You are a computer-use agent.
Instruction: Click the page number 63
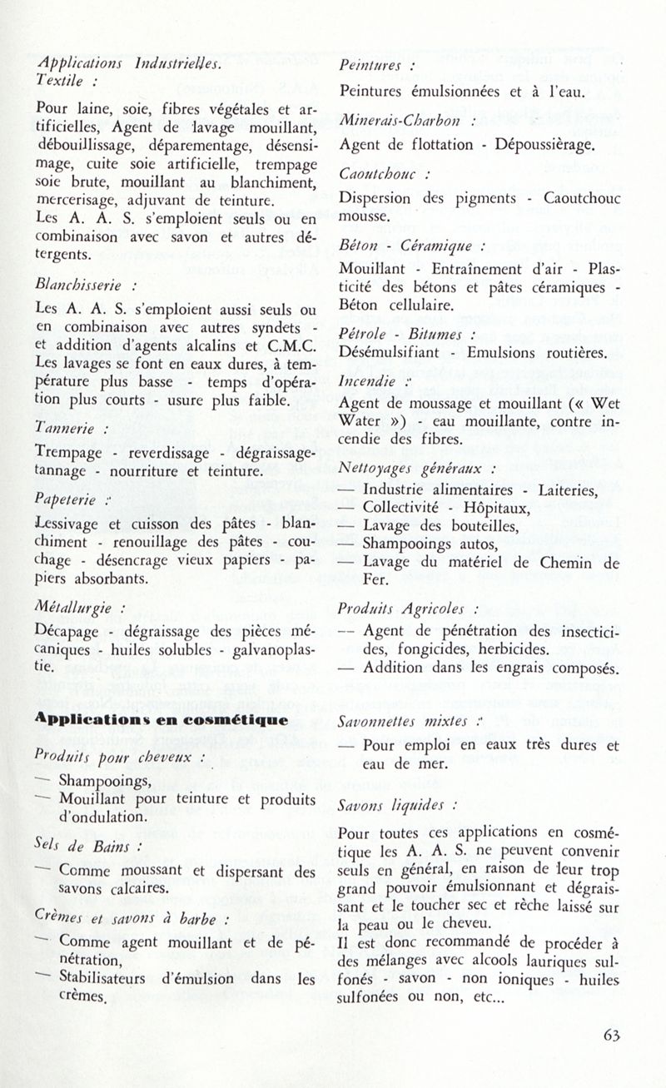(612, 1036)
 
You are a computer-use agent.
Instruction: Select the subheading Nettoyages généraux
(412, 468)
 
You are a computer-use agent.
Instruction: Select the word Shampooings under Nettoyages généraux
(419, 544)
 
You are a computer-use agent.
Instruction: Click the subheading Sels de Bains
(78, 847)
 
